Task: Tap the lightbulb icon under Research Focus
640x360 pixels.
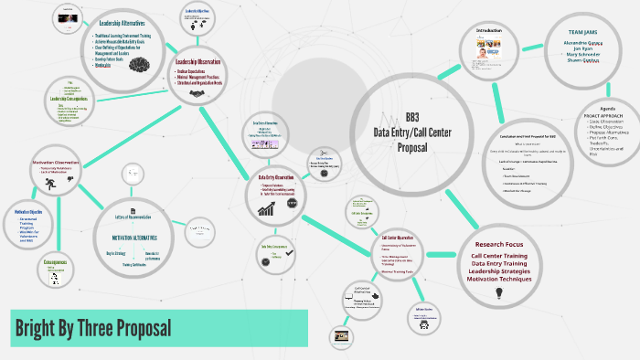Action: click(x=499, y=293)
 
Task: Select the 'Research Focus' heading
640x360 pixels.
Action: click(x=499, y=244)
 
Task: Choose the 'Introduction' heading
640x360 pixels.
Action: click(x=489, y=30)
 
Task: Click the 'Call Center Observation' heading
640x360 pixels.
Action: click(x=400, y=238)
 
